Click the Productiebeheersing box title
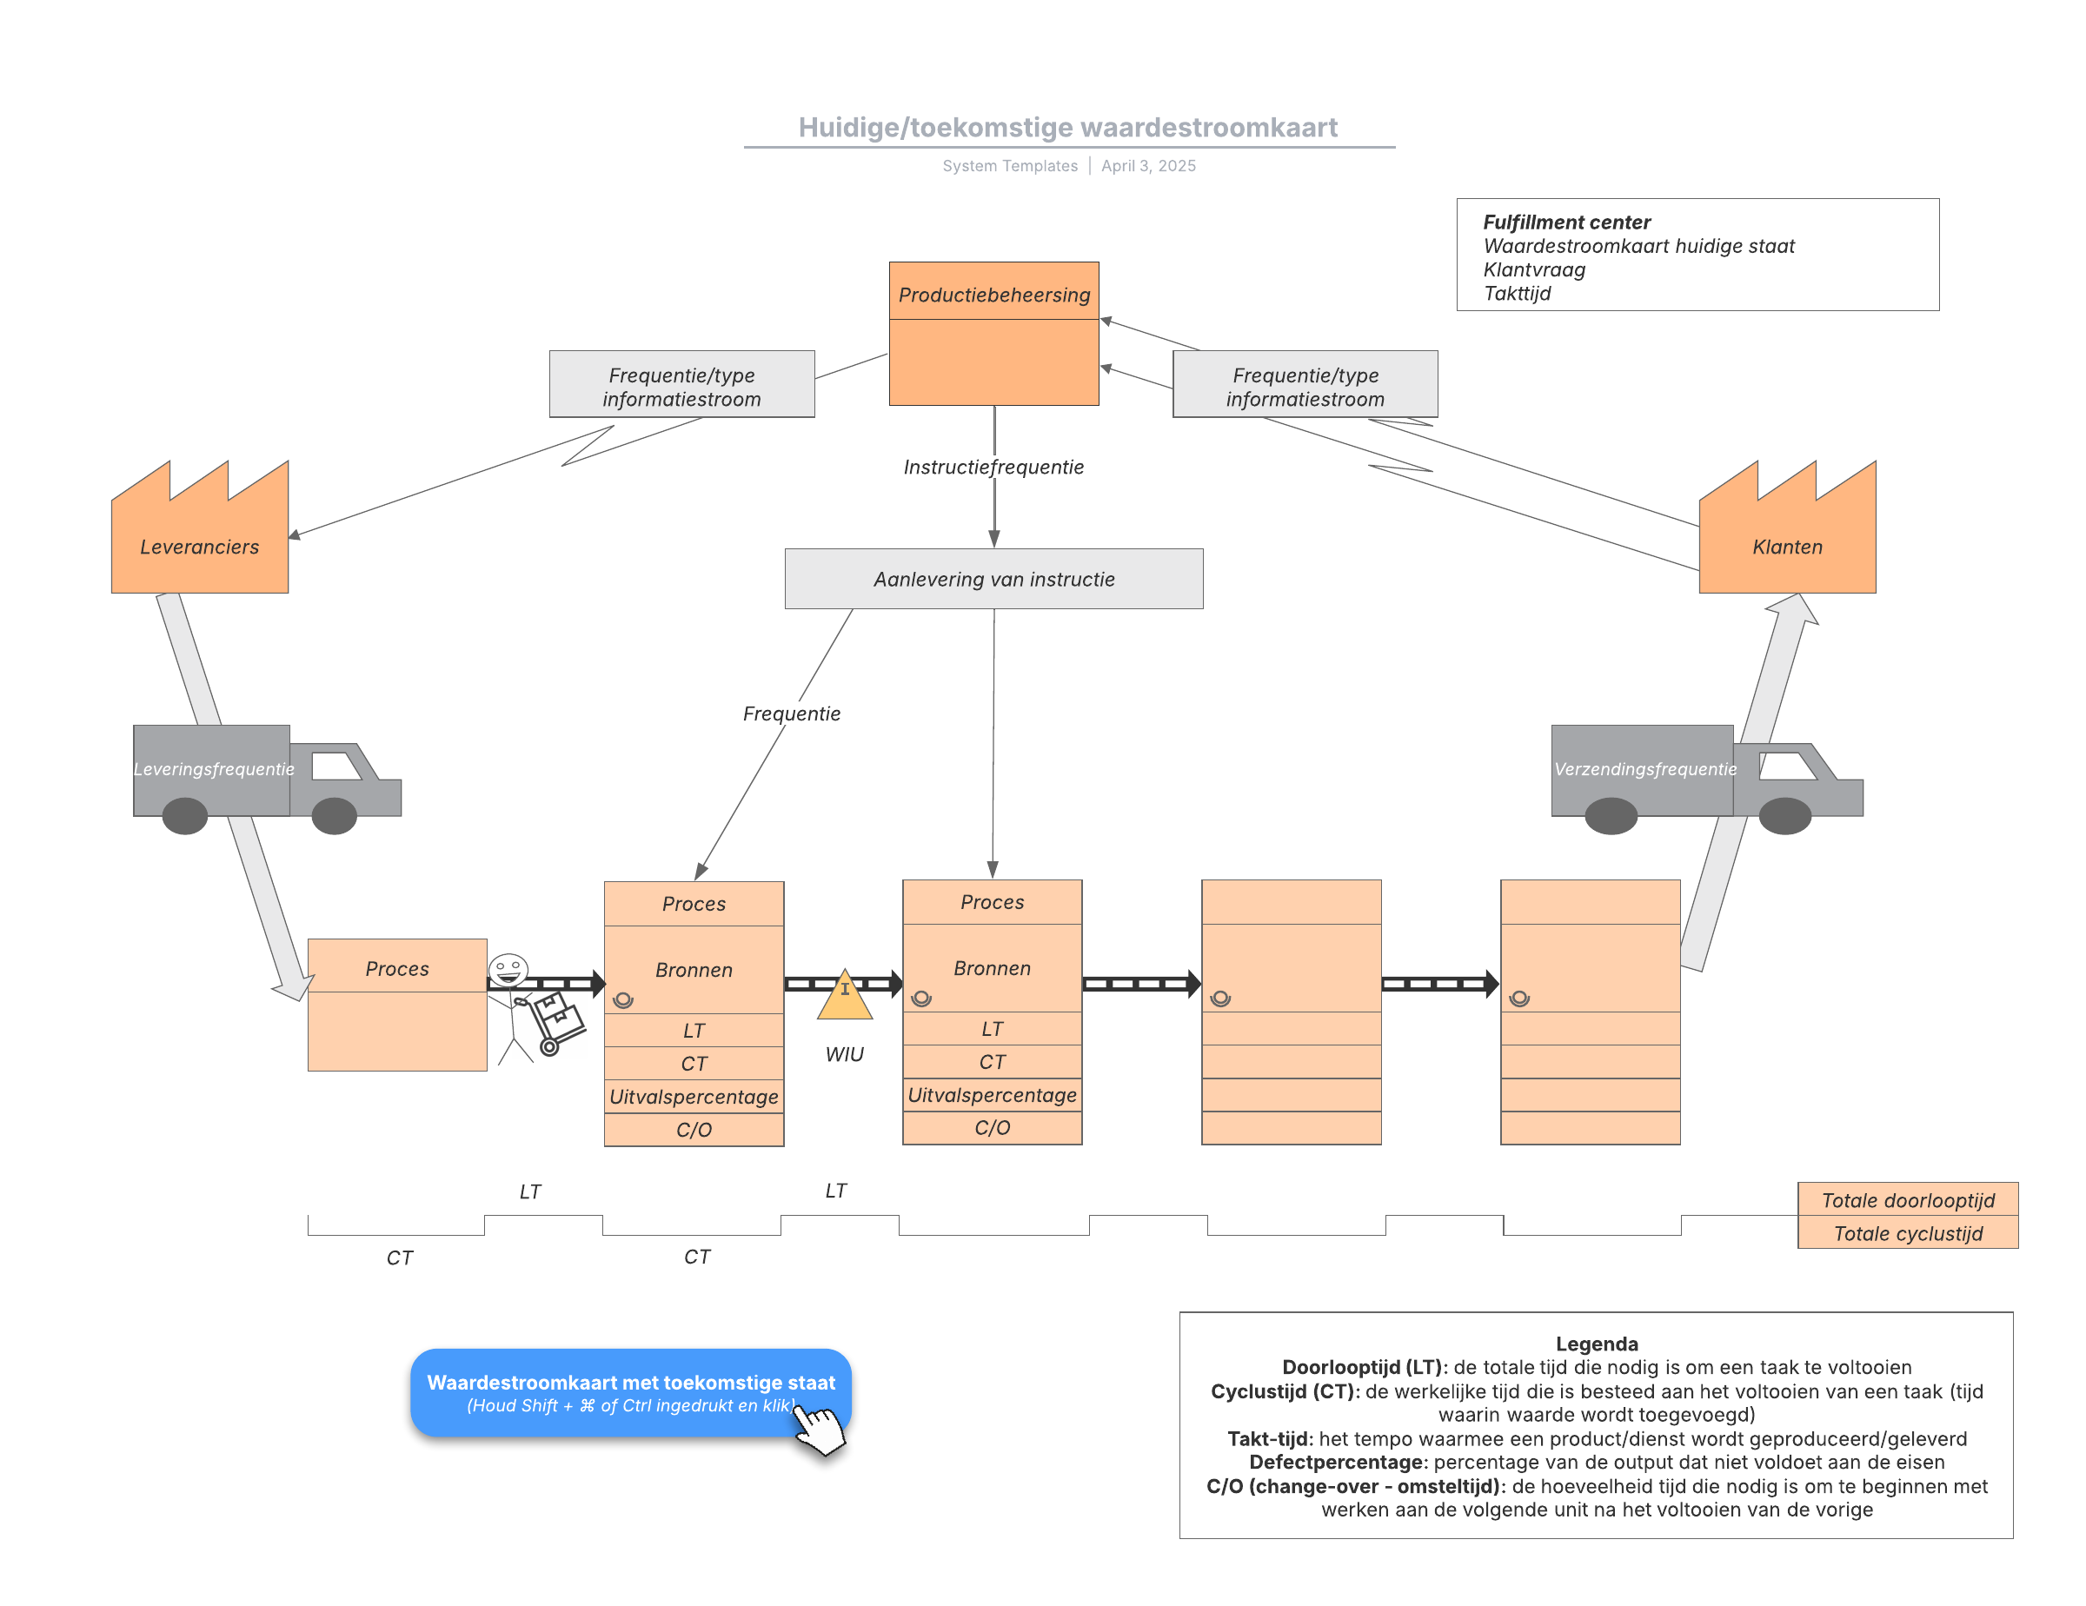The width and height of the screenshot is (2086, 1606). (x=993, y=295)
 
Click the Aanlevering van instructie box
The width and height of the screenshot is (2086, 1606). (x=993, y=579)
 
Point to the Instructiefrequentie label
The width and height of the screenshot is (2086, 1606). (x=993, y=467)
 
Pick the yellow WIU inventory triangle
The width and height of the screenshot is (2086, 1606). (x=844, y=996)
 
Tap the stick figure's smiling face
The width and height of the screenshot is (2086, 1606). (x=508, y=970)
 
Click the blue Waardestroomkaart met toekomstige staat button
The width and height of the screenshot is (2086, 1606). (x=630, y=1392)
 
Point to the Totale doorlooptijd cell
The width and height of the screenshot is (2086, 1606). (x=1908, y=1199)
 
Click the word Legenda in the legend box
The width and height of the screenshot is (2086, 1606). (x=1596, y=1344)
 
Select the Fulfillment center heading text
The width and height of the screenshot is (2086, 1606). (x=1566, y=222)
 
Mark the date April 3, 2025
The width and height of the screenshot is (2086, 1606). (x=1148, y=165)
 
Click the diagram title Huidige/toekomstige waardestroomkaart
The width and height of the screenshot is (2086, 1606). (x=1068, y=127)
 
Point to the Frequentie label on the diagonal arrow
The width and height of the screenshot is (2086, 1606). (x=792, y=713)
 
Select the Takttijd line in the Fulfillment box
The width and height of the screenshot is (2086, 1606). (x=1517, y=293)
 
